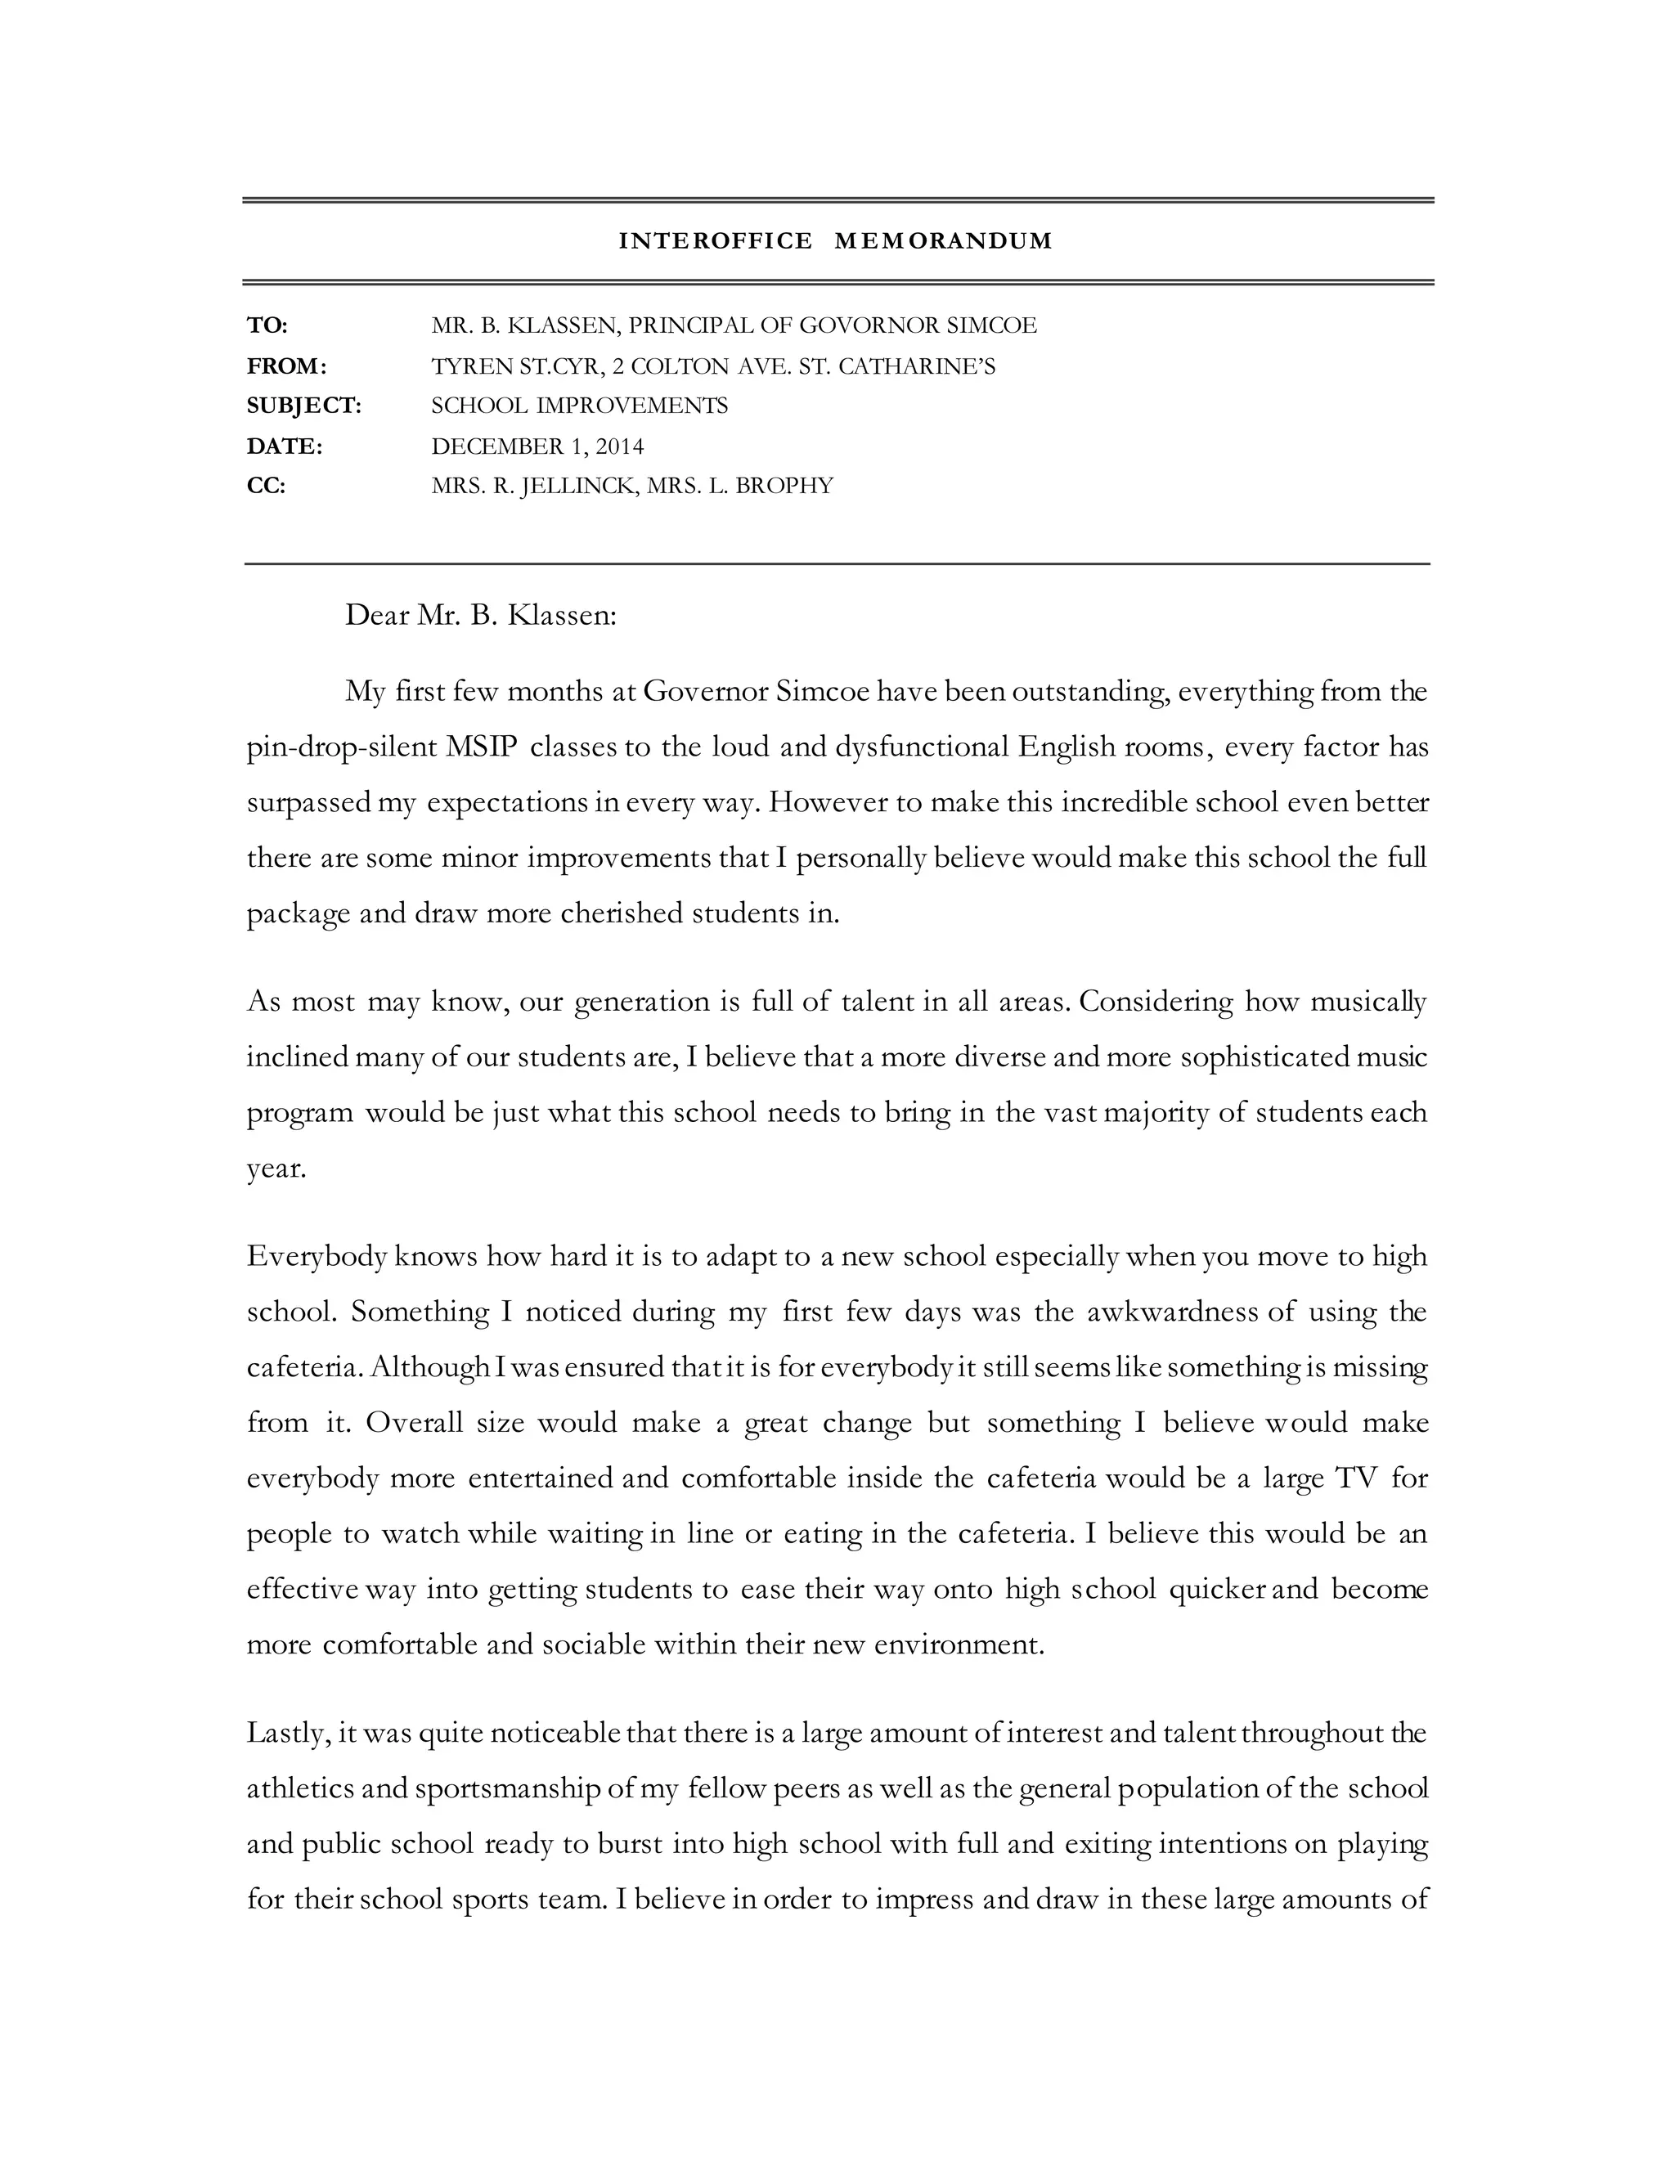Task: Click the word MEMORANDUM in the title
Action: tap(943, 241)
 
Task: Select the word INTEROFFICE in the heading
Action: tap(716, 241)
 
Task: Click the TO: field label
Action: tap(267, 325)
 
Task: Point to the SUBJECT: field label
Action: tap(303, 406)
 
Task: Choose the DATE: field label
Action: tap(285, 446)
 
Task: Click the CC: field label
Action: tap(266, 487)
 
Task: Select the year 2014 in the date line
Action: tap(619, 446)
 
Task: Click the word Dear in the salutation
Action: tap(377, 617)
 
